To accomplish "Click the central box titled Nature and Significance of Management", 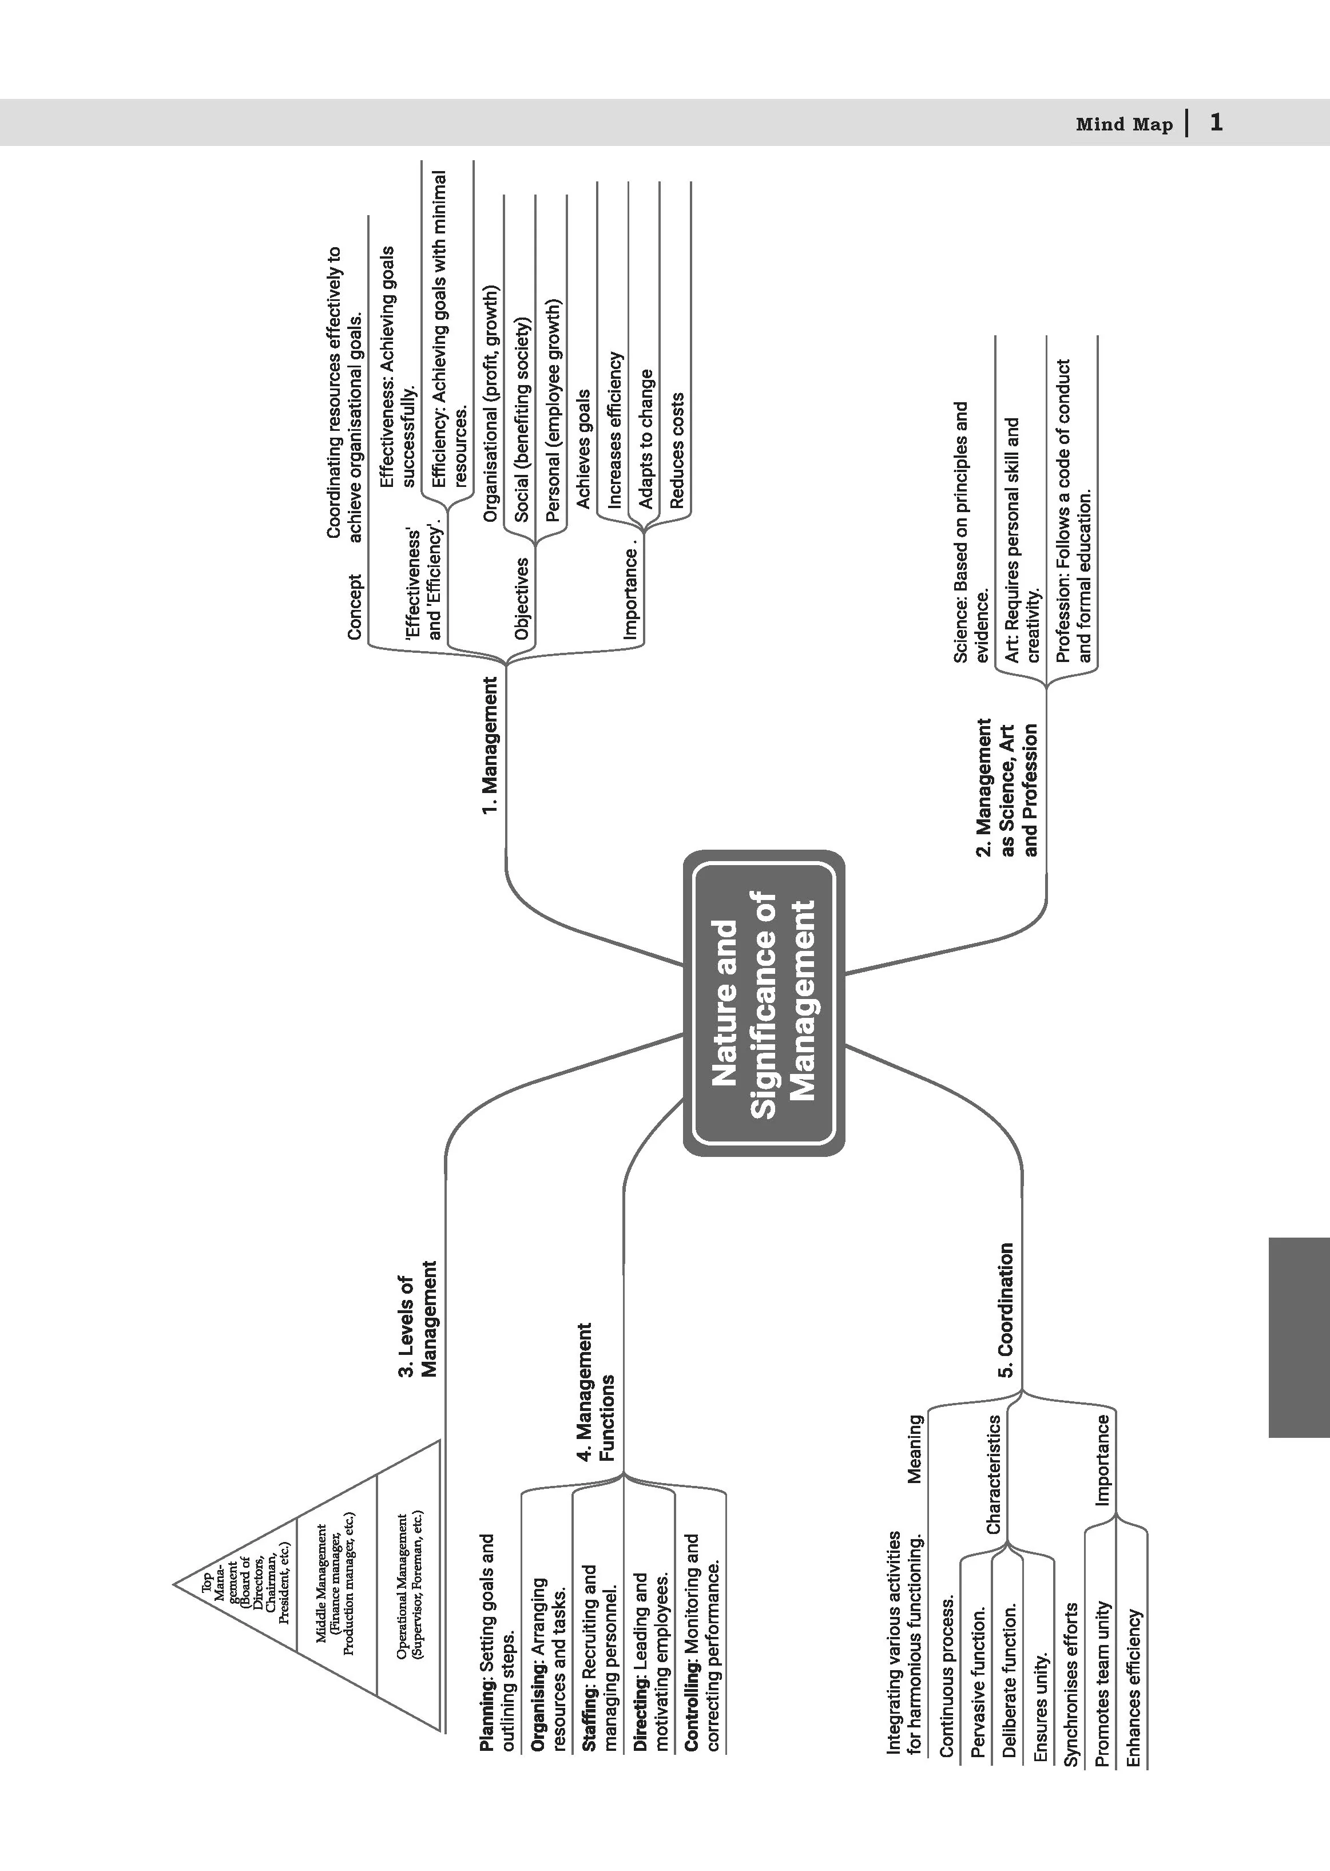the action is point(763,1002).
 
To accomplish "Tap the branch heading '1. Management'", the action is point(490,746).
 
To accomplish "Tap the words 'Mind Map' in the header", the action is point(1123,125).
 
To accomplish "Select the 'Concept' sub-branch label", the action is point(355,607).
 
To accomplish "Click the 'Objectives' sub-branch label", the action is point(522,599).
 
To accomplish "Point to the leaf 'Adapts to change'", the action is point(646,439).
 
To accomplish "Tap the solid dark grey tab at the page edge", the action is point(1299,1338).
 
